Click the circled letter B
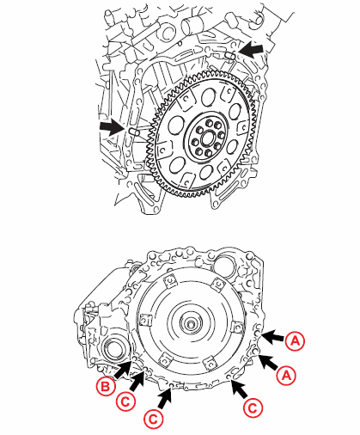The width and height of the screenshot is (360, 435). tap(106, 388)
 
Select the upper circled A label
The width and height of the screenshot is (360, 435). tap(296, 340)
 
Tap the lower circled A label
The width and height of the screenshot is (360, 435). tap(289, 374)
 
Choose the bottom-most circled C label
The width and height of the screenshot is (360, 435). tap(152, 420)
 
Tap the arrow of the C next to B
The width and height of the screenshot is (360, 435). tap(140, 379)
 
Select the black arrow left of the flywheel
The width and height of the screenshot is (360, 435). tap(111, 127)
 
